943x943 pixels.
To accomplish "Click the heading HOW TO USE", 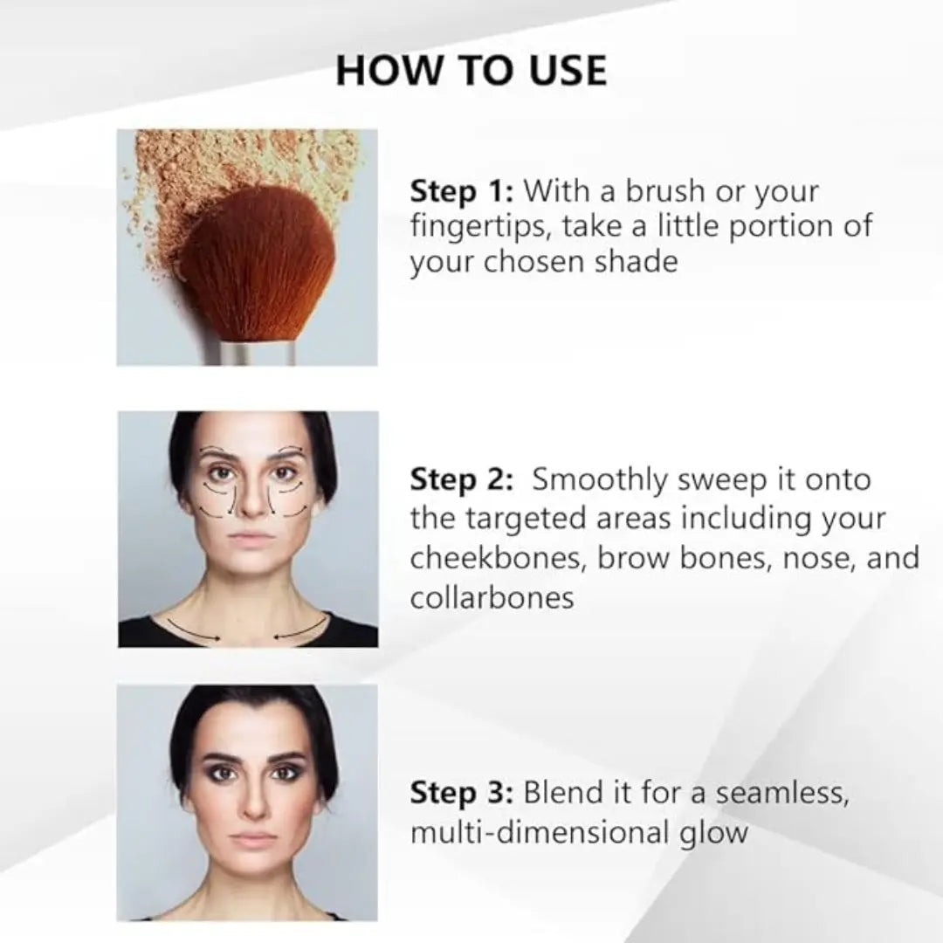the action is pos(471,71).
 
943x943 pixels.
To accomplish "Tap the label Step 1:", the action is pos(461,192).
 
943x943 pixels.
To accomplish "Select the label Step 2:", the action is pos(461,480).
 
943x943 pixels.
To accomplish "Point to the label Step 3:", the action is pos(461,793).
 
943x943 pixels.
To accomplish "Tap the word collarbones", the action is pos(492,598).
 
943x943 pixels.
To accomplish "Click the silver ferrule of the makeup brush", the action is pos(258,353).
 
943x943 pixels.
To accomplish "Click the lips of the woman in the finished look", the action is pos(253,837).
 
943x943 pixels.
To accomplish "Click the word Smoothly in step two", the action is pos(599,481).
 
